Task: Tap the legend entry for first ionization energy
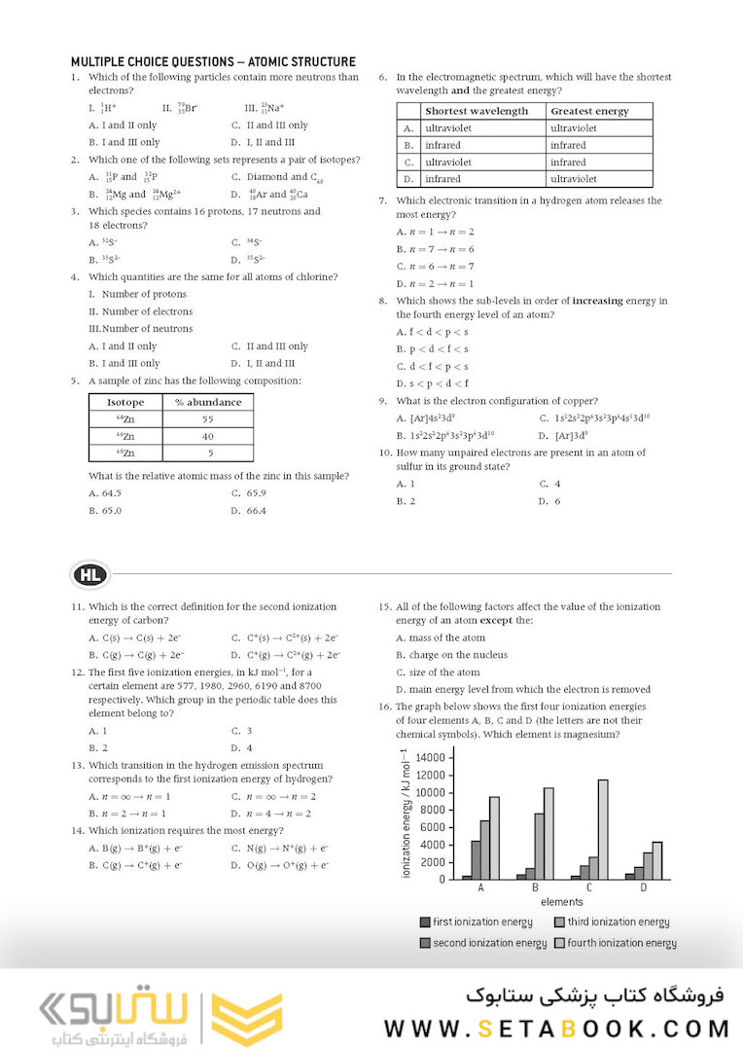point(476,922)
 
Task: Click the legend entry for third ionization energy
point(612,922)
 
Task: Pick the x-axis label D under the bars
point(644,888)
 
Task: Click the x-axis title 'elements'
point(561,902)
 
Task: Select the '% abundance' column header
point(207,402)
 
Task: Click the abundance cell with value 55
point(207,419)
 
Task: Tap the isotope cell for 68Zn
point(125,453)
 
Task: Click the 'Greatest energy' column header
point(589,111)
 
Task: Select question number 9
point(384,401)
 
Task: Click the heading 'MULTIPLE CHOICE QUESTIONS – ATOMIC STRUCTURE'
point(213,61)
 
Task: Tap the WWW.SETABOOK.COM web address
point(556,1029)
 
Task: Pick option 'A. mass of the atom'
point(441,637)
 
